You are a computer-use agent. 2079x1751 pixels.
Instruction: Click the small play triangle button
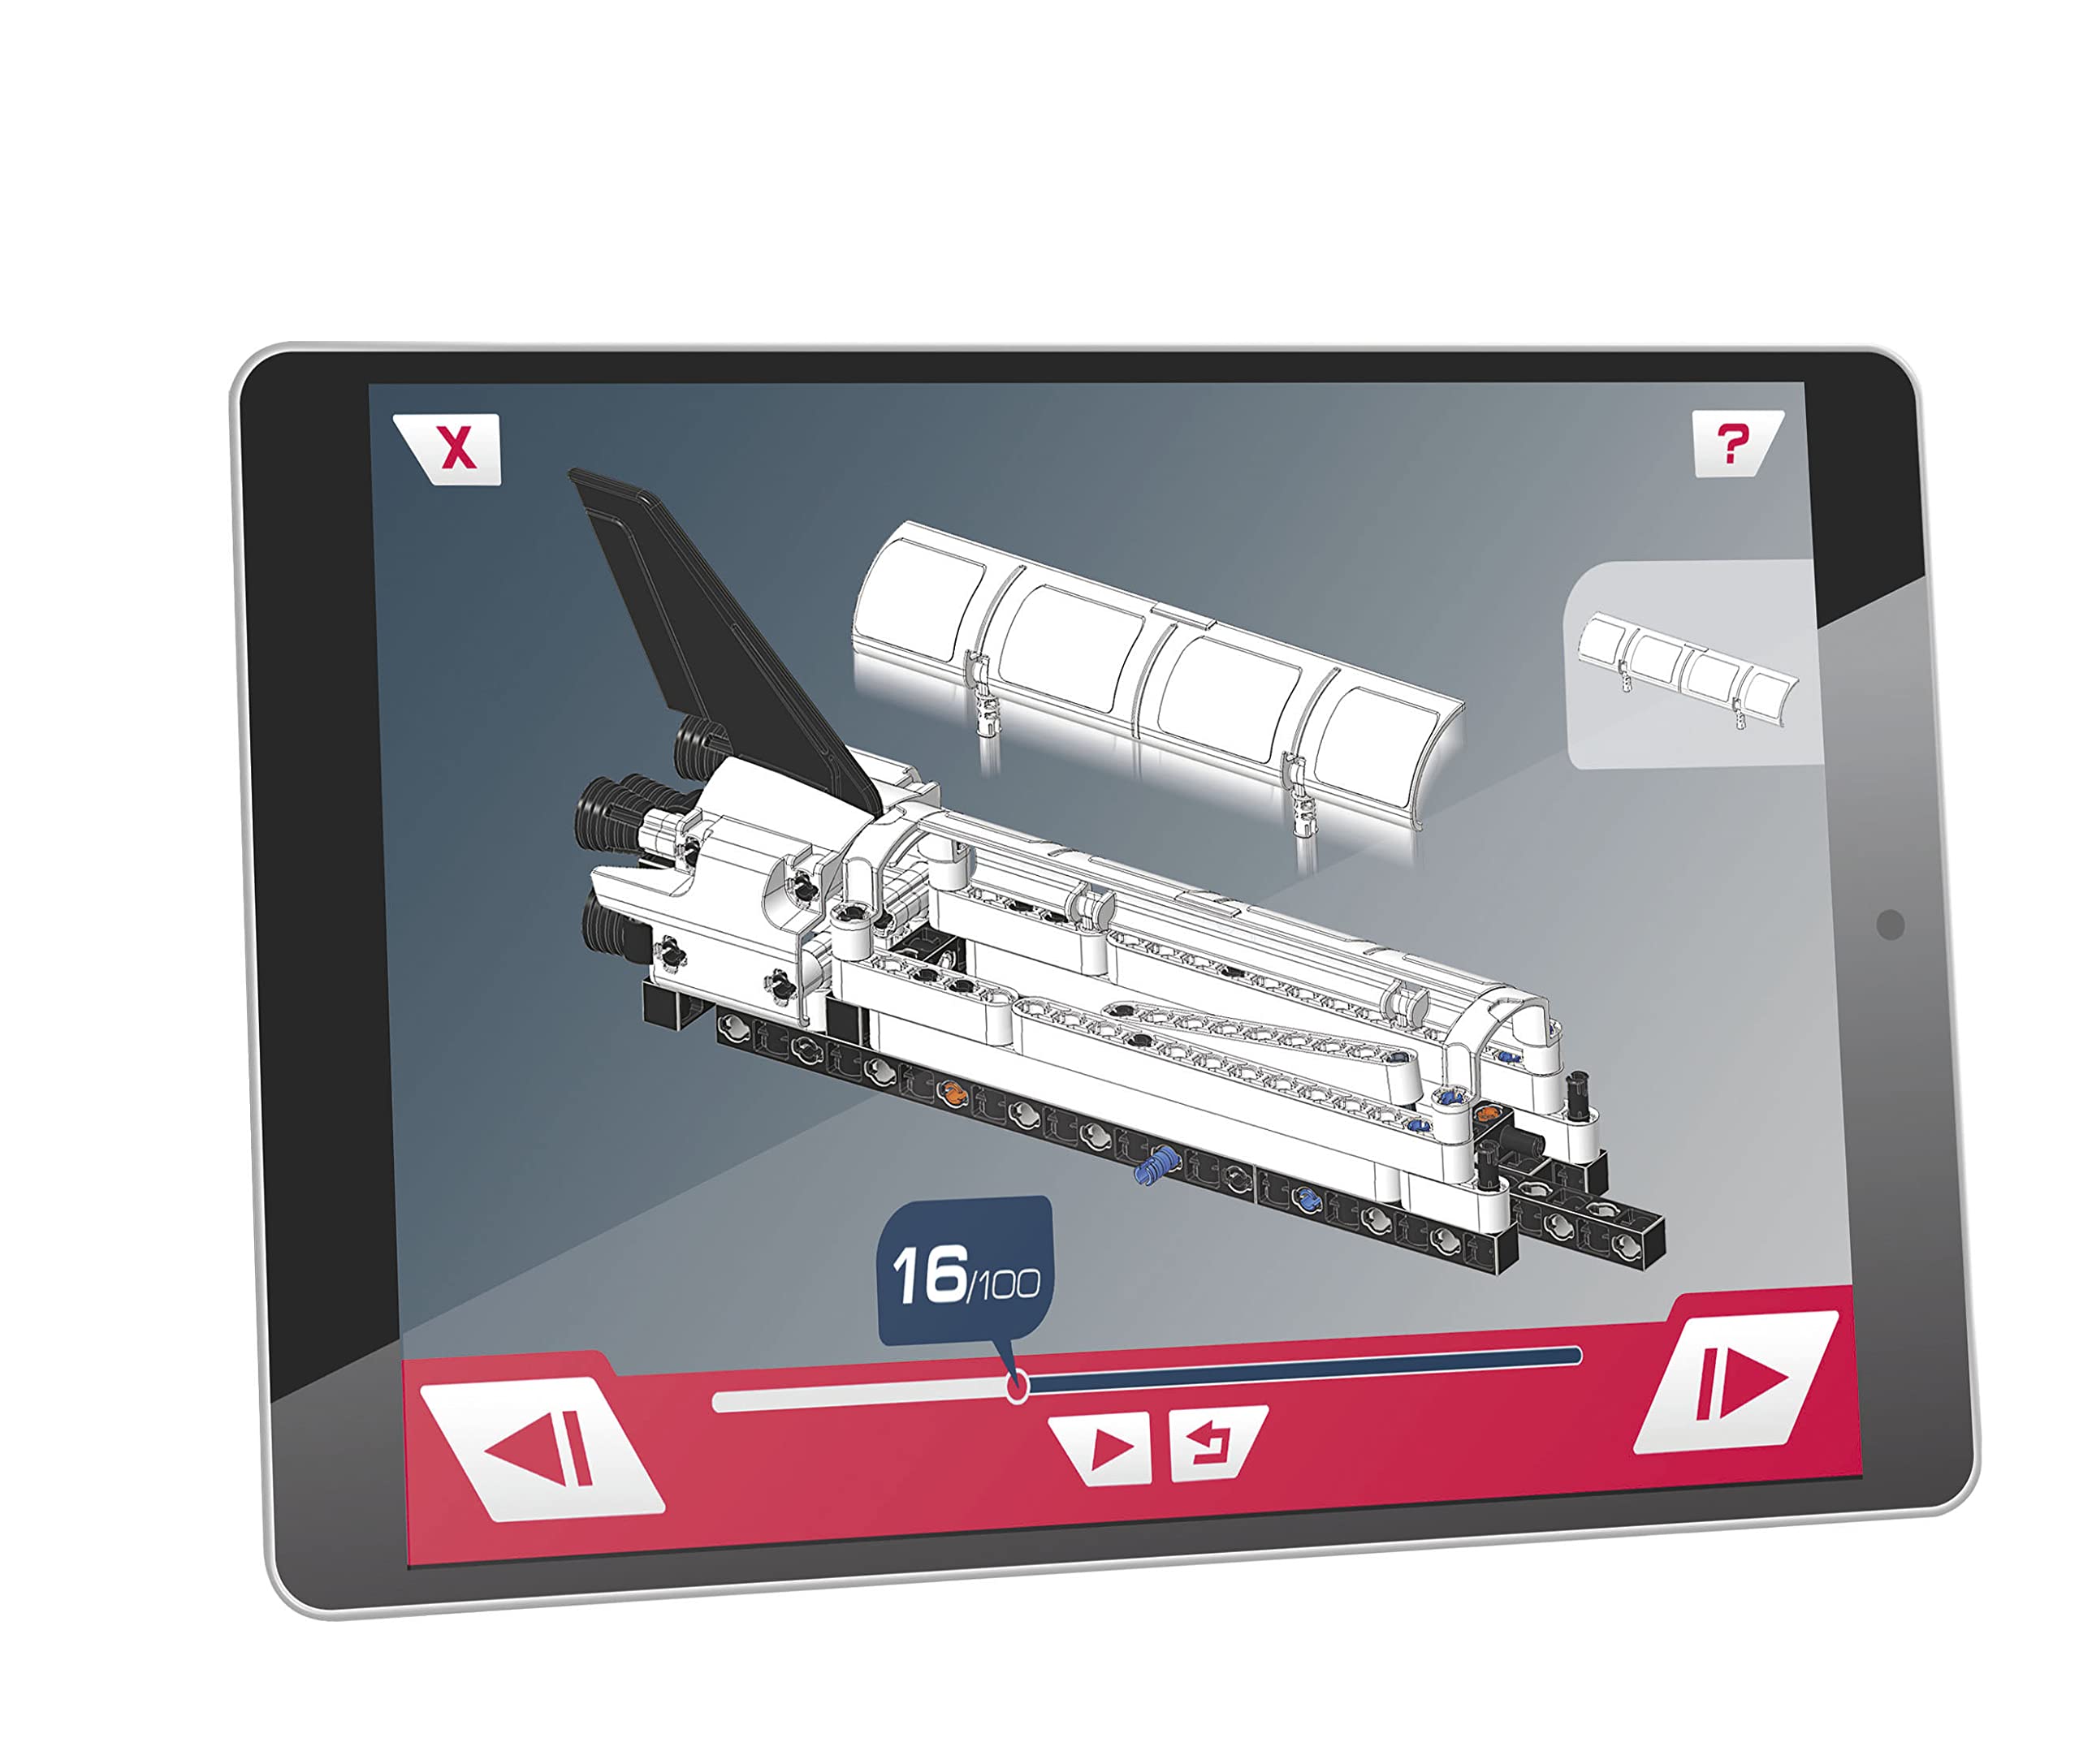pyautogui.click(x=1108, y=1448)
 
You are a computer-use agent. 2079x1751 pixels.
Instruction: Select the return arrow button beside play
pyautogui.click(x=1212, y=1443)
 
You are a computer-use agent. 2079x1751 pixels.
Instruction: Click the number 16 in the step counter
pyautogui.click(x=929, y=1274)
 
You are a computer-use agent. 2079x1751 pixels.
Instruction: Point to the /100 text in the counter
pyautogui.click(x=1003, y=1284)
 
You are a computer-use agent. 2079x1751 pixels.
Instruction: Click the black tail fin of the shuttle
pyautogui.click(x=695, y=625)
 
